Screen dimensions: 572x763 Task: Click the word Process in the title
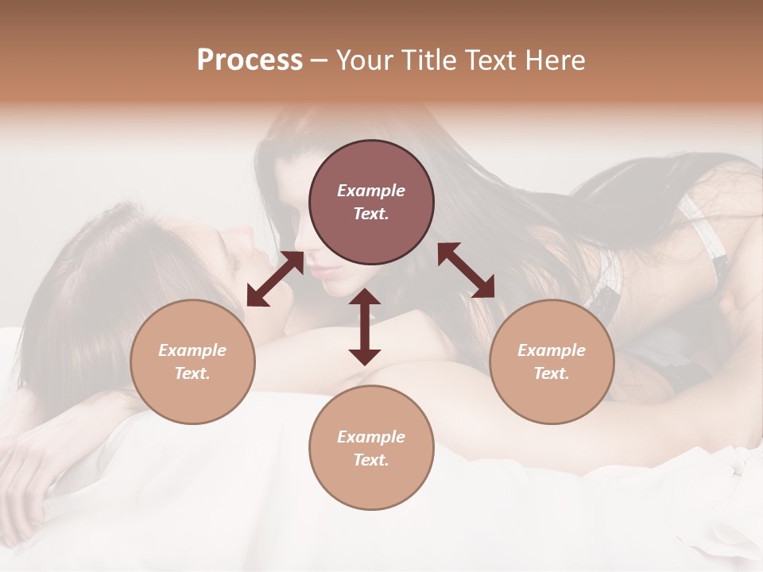[250, 60]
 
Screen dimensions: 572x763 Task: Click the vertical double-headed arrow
[365, 327]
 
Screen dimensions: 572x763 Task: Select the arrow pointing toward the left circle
[275, 280]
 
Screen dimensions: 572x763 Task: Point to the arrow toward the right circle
[466, 270]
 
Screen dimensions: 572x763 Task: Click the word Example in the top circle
[371, 191]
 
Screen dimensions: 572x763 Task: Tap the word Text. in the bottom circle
[371, 460]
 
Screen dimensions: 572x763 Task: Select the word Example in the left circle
[192, 350]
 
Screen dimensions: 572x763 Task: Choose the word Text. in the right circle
[552, 373]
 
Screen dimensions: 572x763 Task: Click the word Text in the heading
[493, 60]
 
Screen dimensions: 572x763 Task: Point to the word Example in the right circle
[552, 350]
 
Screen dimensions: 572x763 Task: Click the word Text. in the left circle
[192, 373]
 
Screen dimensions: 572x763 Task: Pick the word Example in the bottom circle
[371, 437]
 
